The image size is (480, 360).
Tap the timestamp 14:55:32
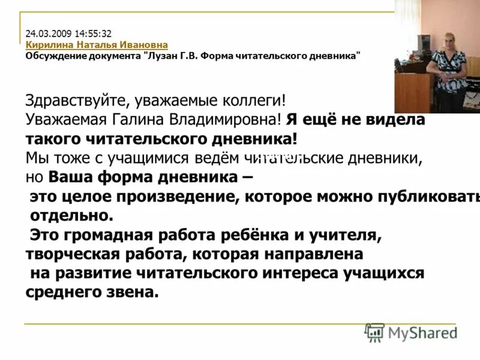[x=94, y=34]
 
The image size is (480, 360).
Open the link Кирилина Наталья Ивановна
[x=97, y=45]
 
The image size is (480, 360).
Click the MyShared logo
[x=412, y=332]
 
